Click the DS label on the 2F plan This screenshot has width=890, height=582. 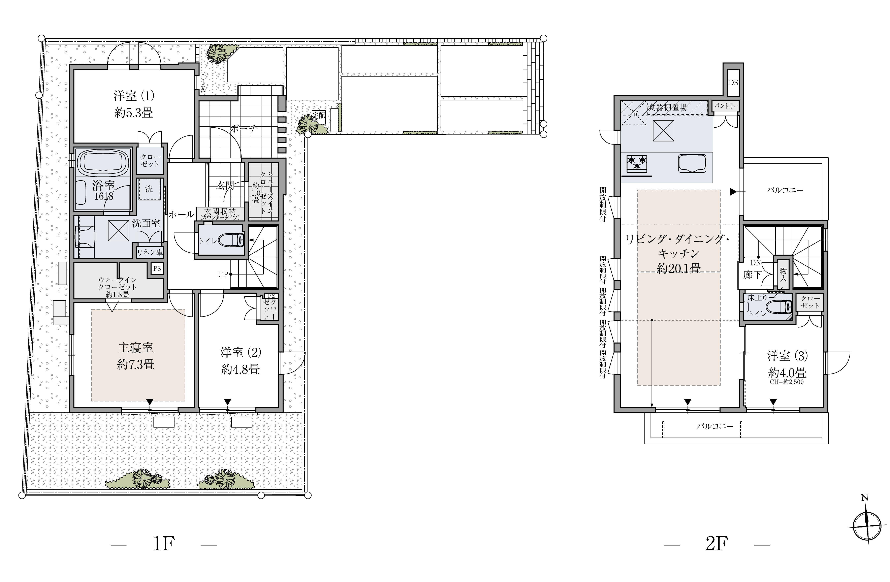pyautogui.click(x=733, y=83)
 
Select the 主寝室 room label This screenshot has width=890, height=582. pyautogui.click(x=136, y=348)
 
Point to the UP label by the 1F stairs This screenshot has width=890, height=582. pyautogui.click(x=223, y=275)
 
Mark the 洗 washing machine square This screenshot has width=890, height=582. pyautogui.click(x=149, y=189)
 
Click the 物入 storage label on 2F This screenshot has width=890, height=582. pyautogui.click(x=783, y=275)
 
